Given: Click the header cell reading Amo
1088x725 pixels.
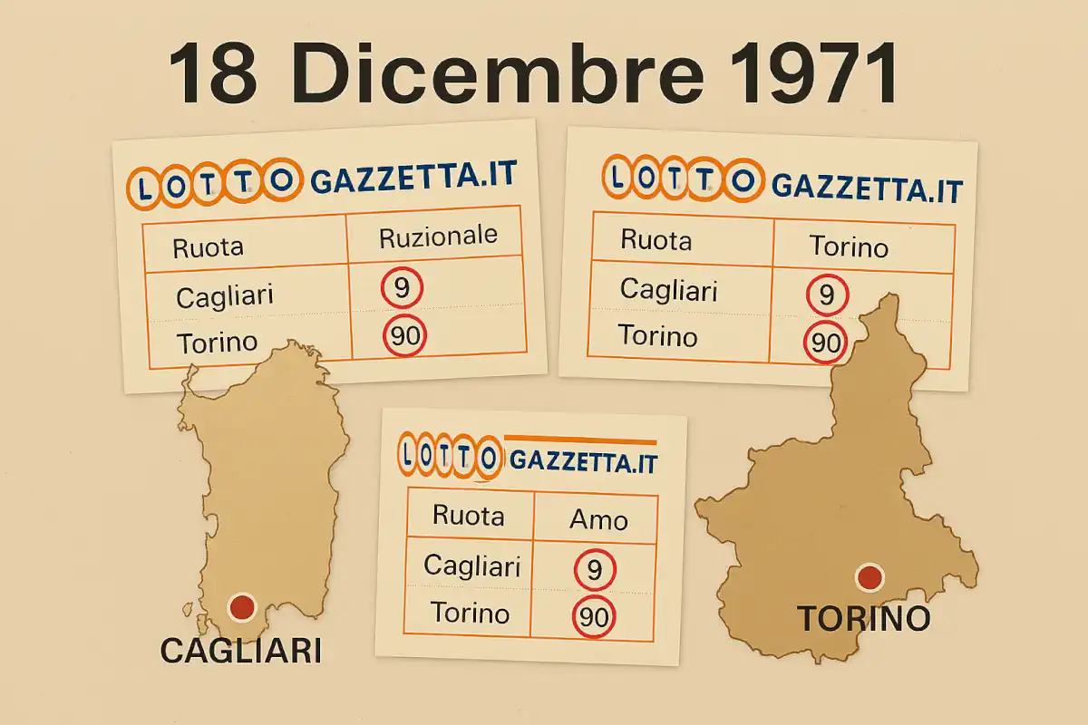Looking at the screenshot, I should tap(597, 519).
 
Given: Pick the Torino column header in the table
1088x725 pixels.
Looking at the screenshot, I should tap(849, 246).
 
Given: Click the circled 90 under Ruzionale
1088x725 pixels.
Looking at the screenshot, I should tap(404, 336).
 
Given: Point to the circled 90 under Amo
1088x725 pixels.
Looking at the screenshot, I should tap(594, 618).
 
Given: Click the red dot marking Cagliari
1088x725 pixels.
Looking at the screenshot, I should tap(241, 607).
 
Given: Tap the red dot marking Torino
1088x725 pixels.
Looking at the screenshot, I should tap(869, 576).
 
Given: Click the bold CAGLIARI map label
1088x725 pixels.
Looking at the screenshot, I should tap(240, 649).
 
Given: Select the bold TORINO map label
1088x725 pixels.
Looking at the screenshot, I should tap(863, 619).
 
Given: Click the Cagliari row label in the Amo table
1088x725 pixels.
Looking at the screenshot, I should tap(471, 566).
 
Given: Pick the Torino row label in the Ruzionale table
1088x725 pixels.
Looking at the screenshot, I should tap(218, 343).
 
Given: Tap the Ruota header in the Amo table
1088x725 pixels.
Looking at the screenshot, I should tap(468, 516).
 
